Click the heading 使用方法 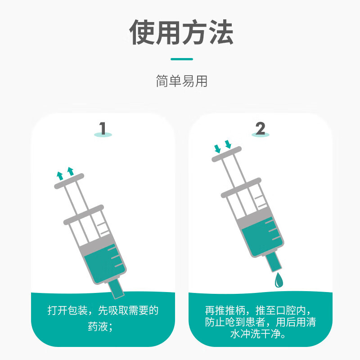pyautogui.click(x=181, y=32)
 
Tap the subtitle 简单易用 pyautogui.click(x=182, y=81)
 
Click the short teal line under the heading pyautogui.click(x=182, y=59)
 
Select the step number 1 pyautogui.click(x=103, y=128)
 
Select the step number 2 pyautogui.click(x=261, y=128)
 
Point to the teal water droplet pyautogui.click(x=279, y=280)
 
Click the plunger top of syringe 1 pyautogui.click(x=69, y=181)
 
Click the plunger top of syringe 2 pyautogui.click(x=226, y=154)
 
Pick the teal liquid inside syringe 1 pyautogui.click(x=105, y=264)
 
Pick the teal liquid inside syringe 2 pyautogui.click(x=262, y=237)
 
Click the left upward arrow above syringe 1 pyautogui.click(x=60, y=176)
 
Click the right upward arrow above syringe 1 pyautogui.click(x=71, y=171)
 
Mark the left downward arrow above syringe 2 pyautogui.click(x=217, y=149)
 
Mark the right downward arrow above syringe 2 pyautogui.click(x=228, y=144)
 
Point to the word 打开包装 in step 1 pyautogui.click(x=67, y=310)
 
